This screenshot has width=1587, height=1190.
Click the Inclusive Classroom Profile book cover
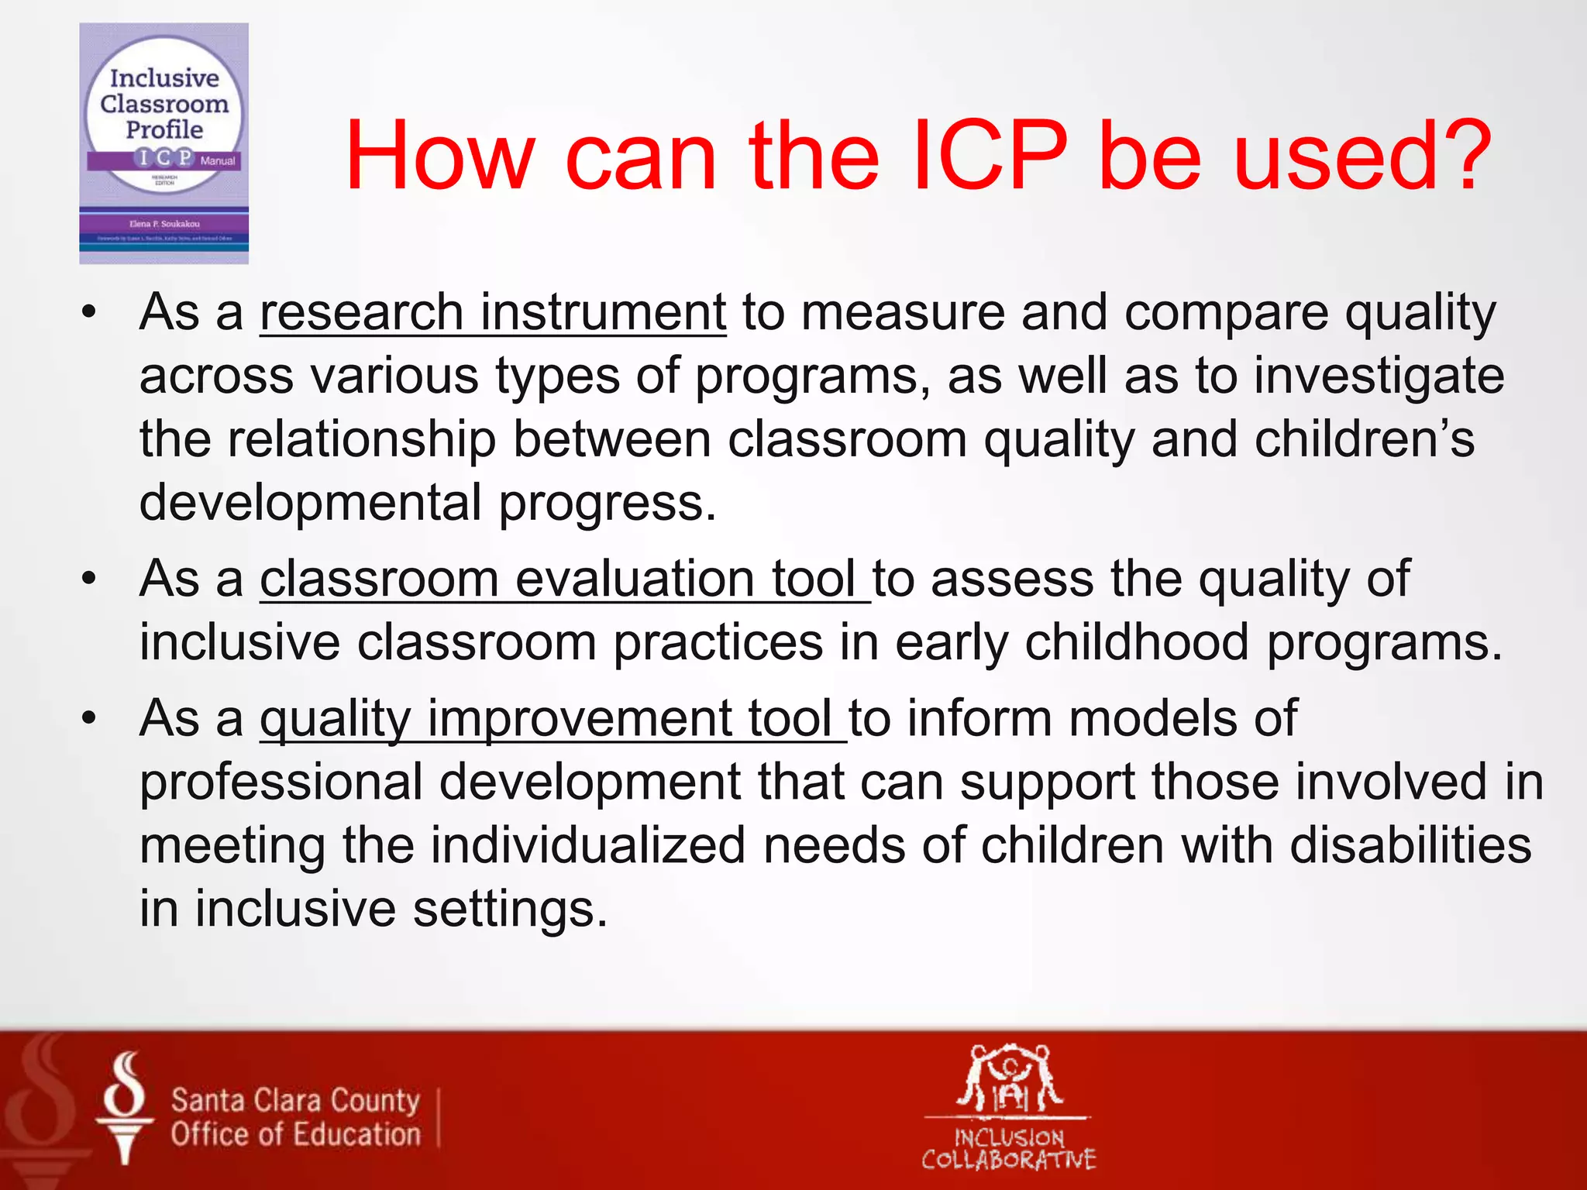(x=164, y=143)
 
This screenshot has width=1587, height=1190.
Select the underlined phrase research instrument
(x=493, y=313)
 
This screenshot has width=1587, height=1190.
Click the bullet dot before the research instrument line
(x=89, y=314)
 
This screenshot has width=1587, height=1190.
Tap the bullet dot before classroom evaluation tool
(x=89, y=580)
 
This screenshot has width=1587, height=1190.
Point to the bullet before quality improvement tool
(x=89, y=719)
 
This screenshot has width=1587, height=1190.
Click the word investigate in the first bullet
(x=1379, y=377)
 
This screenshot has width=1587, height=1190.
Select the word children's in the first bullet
(x=1364, y=439)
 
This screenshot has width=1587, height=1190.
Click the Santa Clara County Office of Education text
(x=295, y=1117)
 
